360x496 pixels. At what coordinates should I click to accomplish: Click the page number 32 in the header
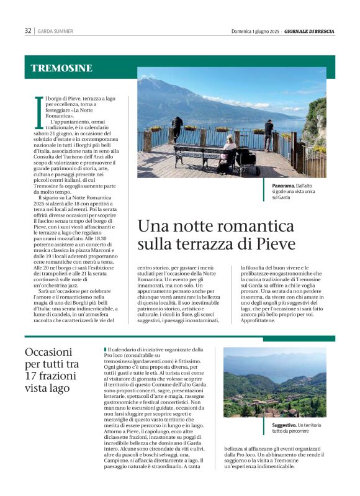28,30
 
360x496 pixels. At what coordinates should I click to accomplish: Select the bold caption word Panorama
284,186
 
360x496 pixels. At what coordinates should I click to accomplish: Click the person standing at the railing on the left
178,128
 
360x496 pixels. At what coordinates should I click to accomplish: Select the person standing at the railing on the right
269,133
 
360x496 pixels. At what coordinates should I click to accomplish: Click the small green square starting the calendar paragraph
106,350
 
